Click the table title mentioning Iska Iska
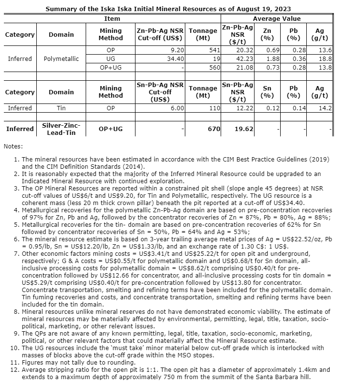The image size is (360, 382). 168,9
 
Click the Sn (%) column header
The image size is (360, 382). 267,92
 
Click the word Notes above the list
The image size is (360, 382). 13,146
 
